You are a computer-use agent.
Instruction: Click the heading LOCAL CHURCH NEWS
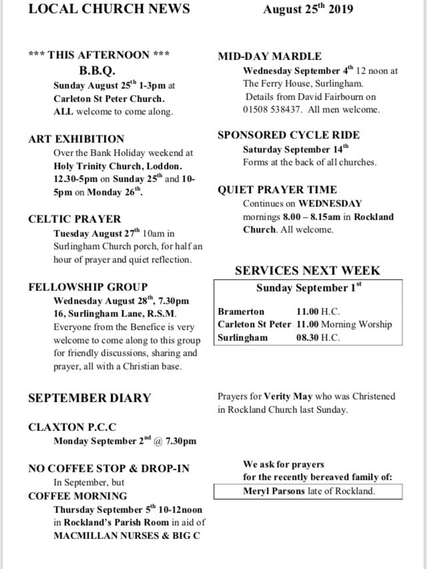click(x=109, y=9)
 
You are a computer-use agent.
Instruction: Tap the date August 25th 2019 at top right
click(x=308, y=9)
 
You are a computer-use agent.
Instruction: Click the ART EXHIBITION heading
click(x=76, y=139)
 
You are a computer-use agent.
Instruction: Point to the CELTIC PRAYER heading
click(x=75, y=219)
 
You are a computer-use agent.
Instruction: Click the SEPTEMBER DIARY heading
click(x=89, y=398)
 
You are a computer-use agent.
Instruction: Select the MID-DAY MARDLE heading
click(x=270, y=56)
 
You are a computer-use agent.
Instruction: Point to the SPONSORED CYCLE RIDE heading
click(x=289, y=135)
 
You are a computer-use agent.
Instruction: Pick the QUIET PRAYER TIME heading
click(x=277, y=189)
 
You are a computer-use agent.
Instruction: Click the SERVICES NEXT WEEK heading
click(x=308, y=270)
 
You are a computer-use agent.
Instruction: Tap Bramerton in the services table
click(x=241, y=312)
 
